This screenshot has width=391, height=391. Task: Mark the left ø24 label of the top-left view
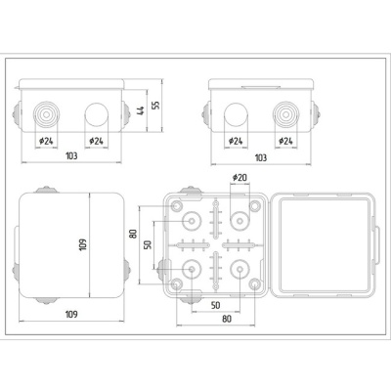coord(45,142)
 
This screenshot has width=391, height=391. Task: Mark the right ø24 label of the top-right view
coord(285,142)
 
